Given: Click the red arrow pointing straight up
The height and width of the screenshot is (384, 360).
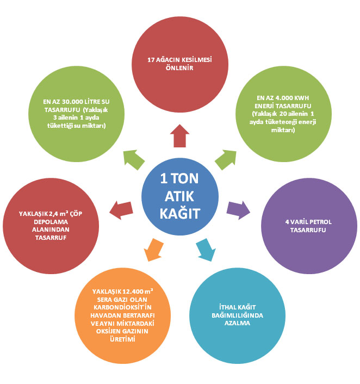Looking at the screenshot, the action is click(180, 137).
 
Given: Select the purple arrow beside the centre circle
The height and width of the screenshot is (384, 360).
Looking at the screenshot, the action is click(238, 209).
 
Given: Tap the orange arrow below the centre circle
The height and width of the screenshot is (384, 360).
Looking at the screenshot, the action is click(153, 250).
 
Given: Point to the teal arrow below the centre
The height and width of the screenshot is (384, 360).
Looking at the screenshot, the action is click(206, 250).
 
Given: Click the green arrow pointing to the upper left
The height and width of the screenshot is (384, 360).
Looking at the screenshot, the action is click(134, 159).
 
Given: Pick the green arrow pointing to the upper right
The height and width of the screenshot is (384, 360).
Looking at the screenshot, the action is click(226, 159).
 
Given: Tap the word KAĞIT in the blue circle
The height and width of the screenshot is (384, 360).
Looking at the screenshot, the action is click(180, 213).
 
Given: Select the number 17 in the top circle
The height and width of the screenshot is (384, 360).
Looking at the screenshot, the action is click(151, 60).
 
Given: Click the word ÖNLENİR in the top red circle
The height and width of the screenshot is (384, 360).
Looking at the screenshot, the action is click(179, 68).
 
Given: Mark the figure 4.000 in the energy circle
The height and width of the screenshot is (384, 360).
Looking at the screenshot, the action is click(284, 98).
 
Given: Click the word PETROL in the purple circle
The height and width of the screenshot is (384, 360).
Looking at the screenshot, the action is click(320, 222).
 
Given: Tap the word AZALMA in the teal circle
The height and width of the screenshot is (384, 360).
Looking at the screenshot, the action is click(237, 323).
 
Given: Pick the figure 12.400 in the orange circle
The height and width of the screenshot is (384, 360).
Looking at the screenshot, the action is click(133, 292).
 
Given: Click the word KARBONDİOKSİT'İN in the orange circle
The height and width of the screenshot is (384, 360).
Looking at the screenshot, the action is click(122, 307).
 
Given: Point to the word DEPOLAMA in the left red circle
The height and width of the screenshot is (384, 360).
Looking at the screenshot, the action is click(51, 222).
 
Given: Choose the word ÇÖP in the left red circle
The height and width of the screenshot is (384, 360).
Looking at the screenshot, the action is click(76, 214).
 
